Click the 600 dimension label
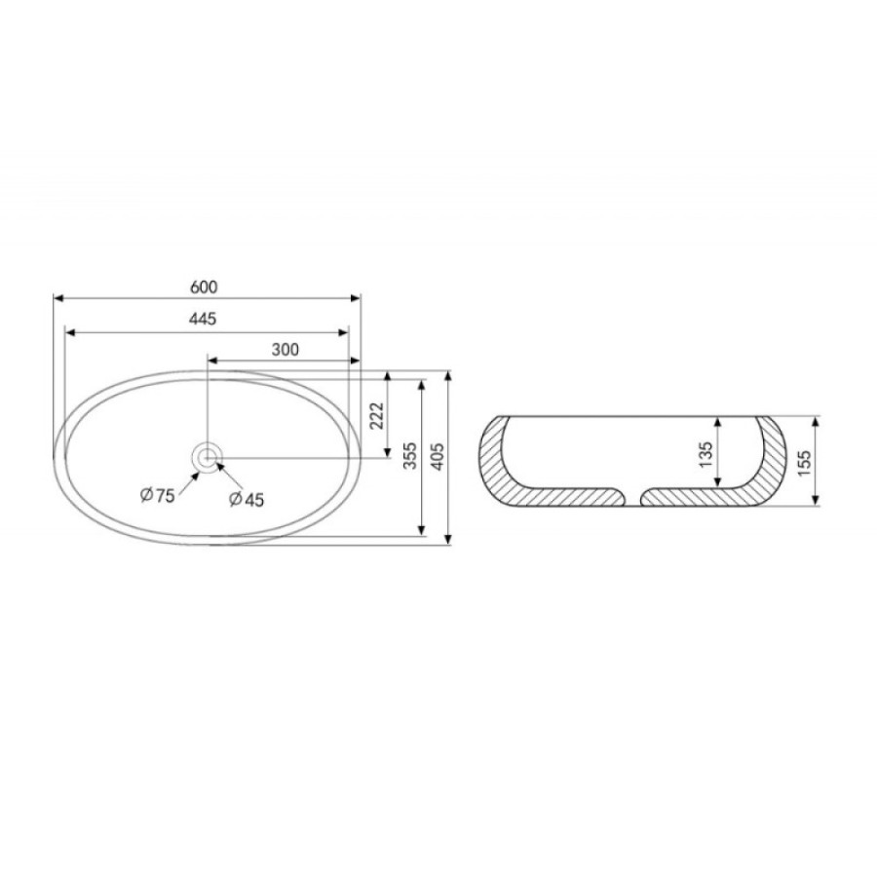pyautogui.click(x=204, y=286)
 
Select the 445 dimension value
pyautogui.click(x=203, y=319)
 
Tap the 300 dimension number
pyautogui.click(x=286, y=350)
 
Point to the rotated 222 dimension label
pyautogui.click(x=377, y=415)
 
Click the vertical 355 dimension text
pyautogui.click(x=410, y=456)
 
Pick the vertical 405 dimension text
pyautogui.click(x=438, y=457)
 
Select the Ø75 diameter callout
pyautogui.click(x=158, y=495)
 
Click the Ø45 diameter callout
pyautogui.click(x=247, y=499)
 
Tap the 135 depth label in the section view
pyautogui.click(x=705, y=455)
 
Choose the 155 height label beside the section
pyautogui.click(x=803, y=463)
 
